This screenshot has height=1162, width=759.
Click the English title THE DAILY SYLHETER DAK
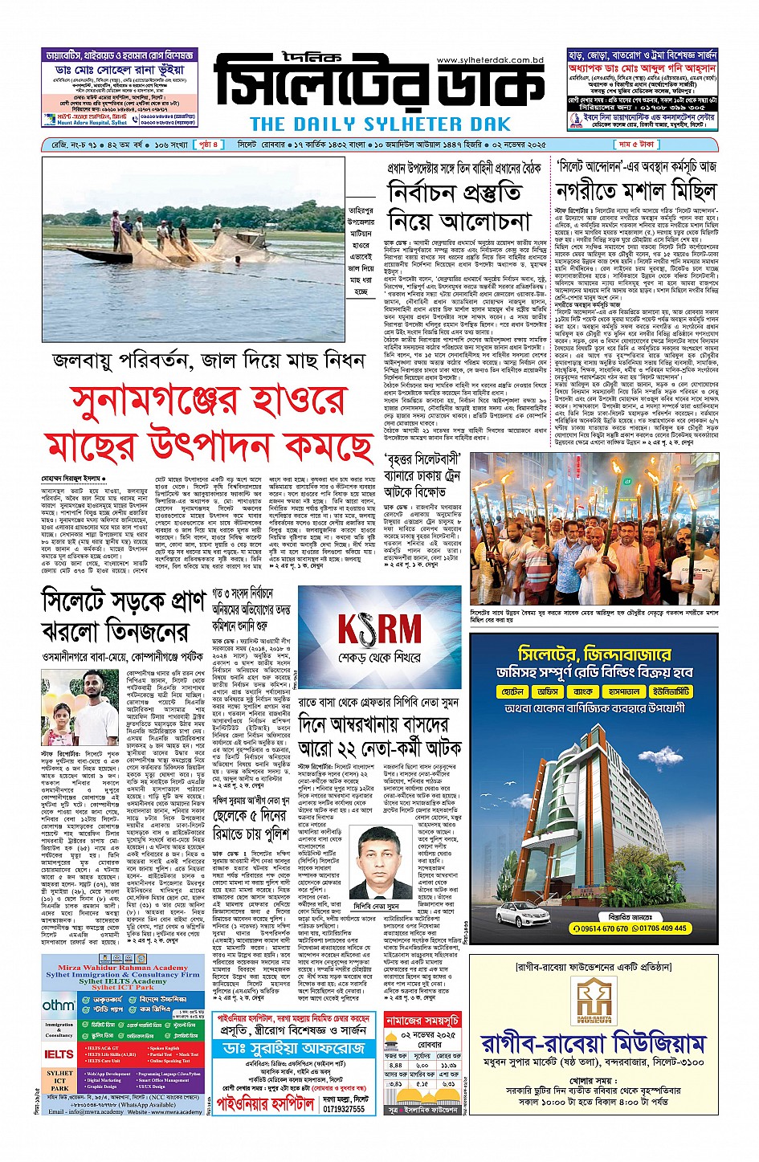click(380, 124)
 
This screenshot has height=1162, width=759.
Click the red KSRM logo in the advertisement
click(378, 630)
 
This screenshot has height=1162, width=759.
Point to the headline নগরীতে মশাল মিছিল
click(636, 191)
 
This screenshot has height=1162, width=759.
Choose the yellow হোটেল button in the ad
click(512, 691)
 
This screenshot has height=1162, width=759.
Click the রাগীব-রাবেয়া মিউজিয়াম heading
click(593, 1044)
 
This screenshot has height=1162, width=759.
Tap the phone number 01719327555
click(344, 1108)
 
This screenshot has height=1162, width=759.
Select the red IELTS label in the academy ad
click(59, 1054)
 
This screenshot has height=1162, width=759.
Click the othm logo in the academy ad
click(59, 1005)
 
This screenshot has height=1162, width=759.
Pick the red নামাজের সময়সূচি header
click(422, 1020)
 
